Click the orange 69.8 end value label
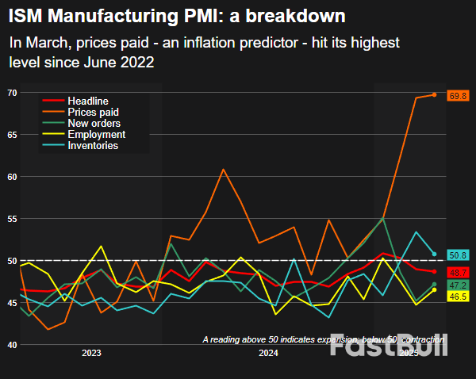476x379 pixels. click(x=458, y=96)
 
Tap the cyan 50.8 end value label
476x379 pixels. click(x=458, y=255)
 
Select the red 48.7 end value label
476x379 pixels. click(x=458, y=272)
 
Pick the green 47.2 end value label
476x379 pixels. click(x=458, y=285)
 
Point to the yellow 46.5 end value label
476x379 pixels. click(x=458, y=296)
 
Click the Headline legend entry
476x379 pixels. click(x=89, y=101)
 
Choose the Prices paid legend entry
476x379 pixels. click(x=94, y=113)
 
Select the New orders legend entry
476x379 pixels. click(x=94, y=124)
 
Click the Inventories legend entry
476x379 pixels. click(x=93, y=146)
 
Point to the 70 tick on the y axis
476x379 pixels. click(x=12, y=93)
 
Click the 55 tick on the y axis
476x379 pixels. click(x=12, y=218)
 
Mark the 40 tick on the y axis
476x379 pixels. click(x=12, y=344)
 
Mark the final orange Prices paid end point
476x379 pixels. click(x=434, y=94)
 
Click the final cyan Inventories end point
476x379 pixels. click(x=434, y=254)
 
